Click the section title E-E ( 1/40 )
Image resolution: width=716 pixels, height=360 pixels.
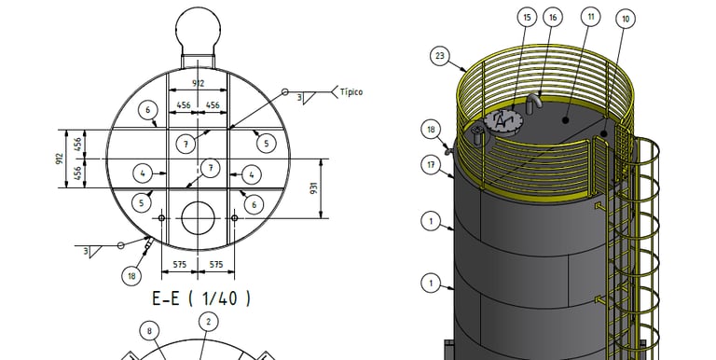point(201,298)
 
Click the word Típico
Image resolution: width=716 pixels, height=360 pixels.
point(351,91)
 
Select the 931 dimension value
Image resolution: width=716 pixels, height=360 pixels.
point(313,187)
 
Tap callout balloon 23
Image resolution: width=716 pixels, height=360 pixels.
point(439,56)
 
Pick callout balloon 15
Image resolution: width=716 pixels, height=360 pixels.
point(527,18)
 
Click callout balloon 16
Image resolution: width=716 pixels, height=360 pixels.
point(553,18)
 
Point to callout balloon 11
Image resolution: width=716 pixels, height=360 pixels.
point(590,17)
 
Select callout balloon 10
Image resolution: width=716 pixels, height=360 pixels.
point(626,19)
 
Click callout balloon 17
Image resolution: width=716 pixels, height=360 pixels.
point(431,164)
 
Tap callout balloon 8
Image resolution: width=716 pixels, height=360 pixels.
point(149,331)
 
